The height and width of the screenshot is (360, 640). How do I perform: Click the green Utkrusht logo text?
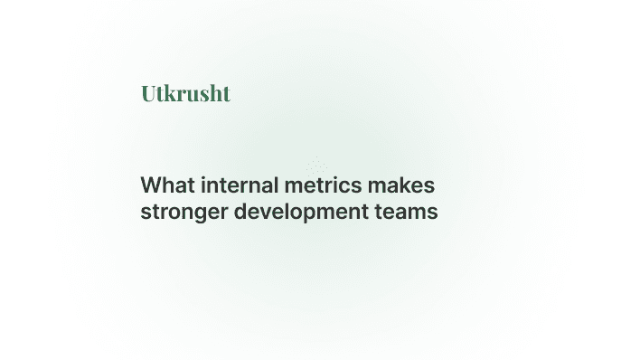click(x=185, y=93)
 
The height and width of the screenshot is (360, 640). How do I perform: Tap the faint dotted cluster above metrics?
click(x=315, y=166)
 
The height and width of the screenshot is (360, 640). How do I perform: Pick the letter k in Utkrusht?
click(x=167, y=93)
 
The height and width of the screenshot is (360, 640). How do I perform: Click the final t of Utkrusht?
click(x=226, y=93)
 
